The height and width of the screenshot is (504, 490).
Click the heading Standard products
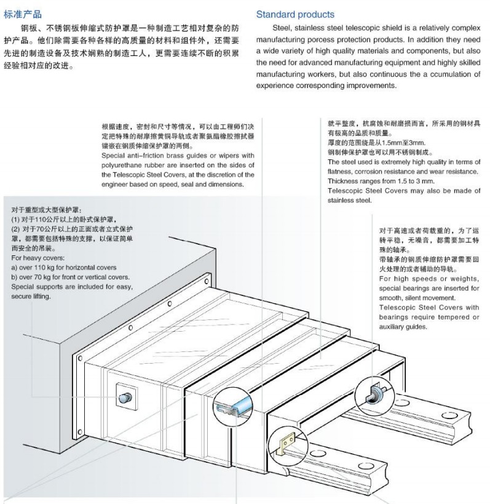[295, 14]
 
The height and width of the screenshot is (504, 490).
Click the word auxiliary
[395, 327]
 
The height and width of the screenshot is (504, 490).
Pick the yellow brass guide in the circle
[287, 442]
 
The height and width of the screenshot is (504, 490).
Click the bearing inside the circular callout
[376, 391]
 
